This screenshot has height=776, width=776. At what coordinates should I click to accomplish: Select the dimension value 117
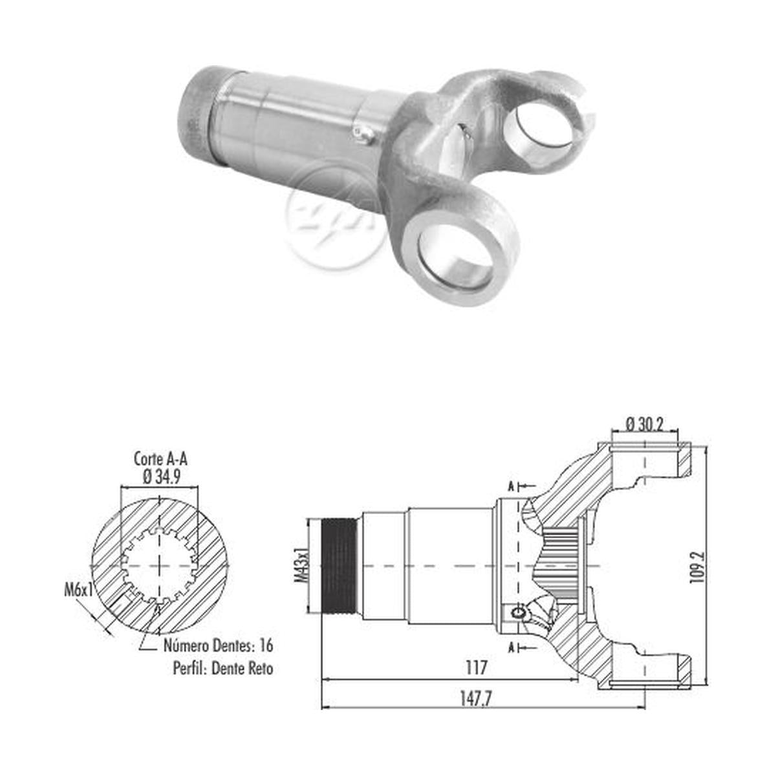(x=477, y=667)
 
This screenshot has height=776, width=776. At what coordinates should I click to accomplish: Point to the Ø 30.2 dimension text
(x=644, y=424)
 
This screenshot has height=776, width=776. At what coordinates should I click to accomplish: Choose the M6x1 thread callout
(x=79, y=591)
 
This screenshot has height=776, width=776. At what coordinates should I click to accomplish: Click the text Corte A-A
(x=160, y=459)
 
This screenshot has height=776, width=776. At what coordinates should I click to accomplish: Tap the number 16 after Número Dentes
(x=266, y=645)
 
